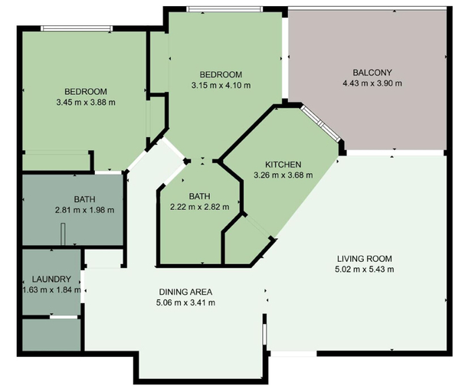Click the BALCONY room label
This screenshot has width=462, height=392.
[372, 73]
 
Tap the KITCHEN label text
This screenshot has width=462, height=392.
[283, 165]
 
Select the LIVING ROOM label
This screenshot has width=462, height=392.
[365, 259]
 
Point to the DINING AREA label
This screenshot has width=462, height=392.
[185, 292]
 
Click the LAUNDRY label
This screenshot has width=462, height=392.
[51, 279]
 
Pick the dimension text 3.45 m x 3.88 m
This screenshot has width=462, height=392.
[86, 103]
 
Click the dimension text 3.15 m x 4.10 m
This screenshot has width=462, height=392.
[221, 86]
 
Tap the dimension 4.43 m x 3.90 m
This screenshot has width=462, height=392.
[372, 83]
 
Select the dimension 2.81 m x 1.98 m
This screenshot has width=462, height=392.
[84, 211]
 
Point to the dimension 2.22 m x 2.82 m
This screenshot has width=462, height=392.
[200, 207]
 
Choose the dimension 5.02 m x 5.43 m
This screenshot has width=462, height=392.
[365, 269]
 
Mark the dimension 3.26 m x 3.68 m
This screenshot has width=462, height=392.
[283, 175]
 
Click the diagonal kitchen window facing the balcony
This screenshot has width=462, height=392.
[320, 124]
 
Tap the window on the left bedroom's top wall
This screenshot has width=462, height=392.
[77, 28]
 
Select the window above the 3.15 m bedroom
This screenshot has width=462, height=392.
[224, 9]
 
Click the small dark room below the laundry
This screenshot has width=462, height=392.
[51, 335]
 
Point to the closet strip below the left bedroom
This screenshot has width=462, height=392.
[56, 161]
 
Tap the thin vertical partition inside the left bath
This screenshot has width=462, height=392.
[63, 234]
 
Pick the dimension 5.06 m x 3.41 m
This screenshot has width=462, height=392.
[185, 302]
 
